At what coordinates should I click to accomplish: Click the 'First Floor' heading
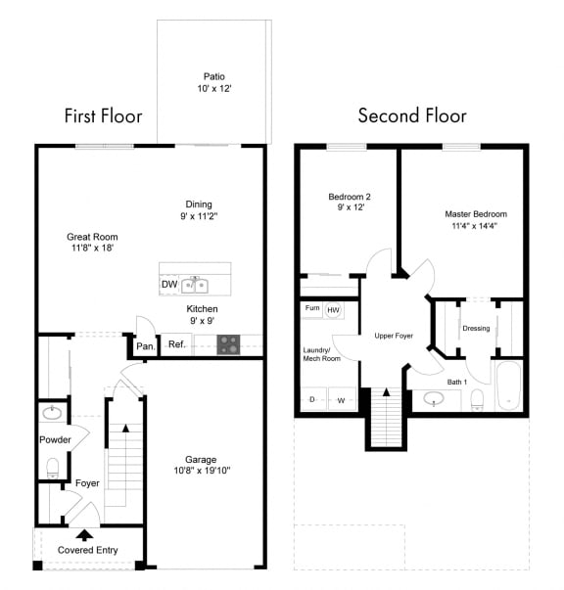(x=103, y=116)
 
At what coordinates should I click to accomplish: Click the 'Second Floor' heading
(x=411, y=116)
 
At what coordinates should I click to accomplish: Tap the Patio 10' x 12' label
(x=213, y=82)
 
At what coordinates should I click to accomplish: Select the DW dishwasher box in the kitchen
(x=169, y=285)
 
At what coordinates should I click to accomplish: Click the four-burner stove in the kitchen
(x=228, y=344)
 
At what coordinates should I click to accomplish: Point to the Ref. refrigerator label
(x=177, y=344)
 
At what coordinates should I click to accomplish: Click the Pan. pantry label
(x=145, y=346)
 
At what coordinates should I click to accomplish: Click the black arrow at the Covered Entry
(x=85, y=534)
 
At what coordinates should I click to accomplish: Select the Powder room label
(x=55, y=440)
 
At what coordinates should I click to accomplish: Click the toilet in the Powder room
(x=54, y=466)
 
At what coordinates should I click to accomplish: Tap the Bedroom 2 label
(x=349, y=203)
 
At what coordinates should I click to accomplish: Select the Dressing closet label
(x=476, y=328)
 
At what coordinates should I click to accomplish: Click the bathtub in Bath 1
(x=509, y=386)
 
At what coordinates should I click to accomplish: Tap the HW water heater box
(x=334, y=309)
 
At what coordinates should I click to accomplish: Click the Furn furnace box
(x=311, y=308)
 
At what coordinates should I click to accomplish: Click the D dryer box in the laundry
(x=312, y=399)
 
